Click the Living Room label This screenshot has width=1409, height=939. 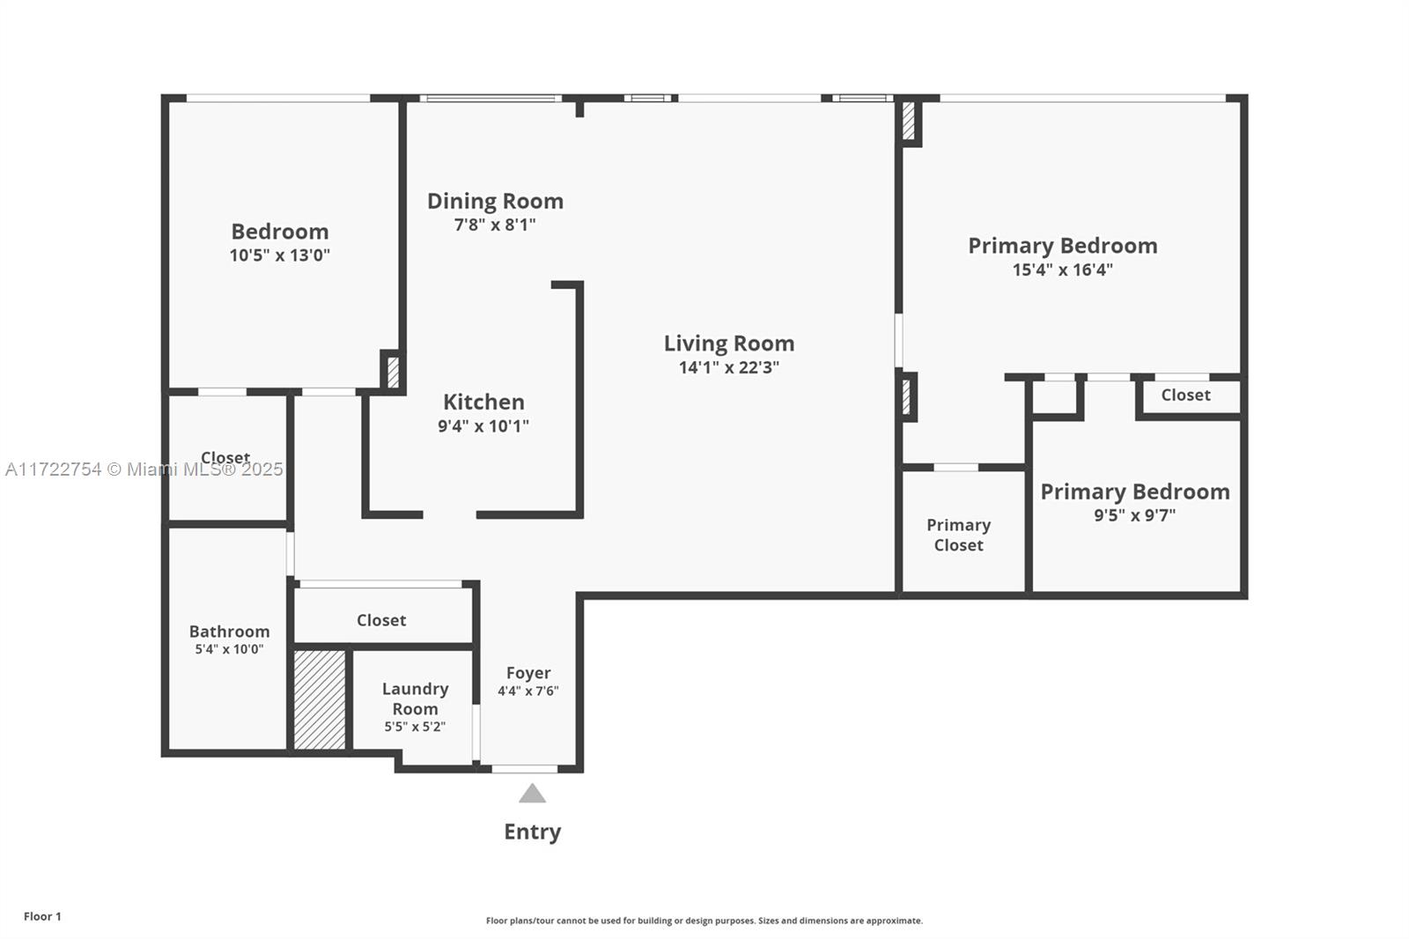click(x=729, y=344)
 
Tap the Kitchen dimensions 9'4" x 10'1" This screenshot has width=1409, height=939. click(x=483, y=426)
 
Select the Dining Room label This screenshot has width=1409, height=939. click(x=495, y=202)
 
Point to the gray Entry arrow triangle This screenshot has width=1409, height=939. click(x=532, y=793)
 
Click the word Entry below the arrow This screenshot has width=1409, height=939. click(x=532, y=832)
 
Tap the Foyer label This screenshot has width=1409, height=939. click(x=528, y=673)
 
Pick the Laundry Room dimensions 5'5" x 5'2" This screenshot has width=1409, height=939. click(x=415, y=727)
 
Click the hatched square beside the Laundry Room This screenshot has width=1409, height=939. click(x=320, y=699)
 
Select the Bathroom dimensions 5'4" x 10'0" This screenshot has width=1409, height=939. click(x=229, y=649)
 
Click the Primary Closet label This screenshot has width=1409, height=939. click(x=959, y=535)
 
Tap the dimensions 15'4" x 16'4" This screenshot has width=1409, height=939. click(x=1062, y=270)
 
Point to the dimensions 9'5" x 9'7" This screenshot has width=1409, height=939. click(x=1135, y=514)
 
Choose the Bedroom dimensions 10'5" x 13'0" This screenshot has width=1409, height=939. click(x=279, y=255)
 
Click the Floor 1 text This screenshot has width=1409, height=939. click(x=43, y=916)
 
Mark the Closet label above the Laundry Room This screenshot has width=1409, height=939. click(x=381, y=620)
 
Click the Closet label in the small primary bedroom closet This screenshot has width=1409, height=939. click(x=1185, y=396)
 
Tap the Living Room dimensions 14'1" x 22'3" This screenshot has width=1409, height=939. click(x=729, y=367)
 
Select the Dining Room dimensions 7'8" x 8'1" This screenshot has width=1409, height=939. click(x=495, y=225)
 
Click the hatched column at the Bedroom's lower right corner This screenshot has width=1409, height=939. click(x=393, y=372)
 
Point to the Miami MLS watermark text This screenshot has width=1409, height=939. click(x=144, y=469)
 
